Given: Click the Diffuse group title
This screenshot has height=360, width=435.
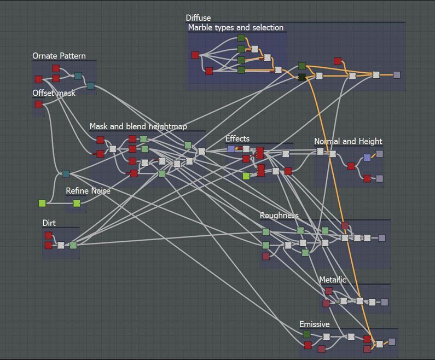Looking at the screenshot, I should point(198,18).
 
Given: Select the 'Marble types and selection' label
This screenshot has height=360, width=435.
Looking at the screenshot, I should point(236,27).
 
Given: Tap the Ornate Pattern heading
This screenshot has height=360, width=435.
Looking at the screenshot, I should point(59,56).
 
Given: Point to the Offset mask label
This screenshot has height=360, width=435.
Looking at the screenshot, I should point(54,93).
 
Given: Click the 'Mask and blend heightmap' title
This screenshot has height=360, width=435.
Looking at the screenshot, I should point(138,126).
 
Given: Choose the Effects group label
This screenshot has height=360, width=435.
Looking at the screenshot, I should point(237,138).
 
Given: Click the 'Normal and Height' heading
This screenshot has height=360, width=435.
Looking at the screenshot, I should point(348,142).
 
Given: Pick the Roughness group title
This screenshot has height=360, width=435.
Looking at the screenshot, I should point(279,216).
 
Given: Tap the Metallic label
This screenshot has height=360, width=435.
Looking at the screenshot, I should point(333,280).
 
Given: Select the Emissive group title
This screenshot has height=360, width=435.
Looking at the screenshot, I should point(315,324).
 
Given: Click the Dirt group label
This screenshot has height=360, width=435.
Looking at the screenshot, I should point(49,223).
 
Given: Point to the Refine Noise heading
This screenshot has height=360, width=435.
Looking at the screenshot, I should point(88,191).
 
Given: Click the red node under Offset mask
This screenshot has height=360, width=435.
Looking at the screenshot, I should point(38,104).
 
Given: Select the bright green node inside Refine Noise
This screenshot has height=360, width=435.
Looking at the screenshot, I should point(77,204).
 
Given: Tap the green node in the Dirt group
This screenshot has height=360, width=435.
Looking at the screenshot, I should point(73,245).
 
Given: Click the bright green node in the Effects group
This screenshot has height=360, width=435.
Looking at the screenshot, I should point(246,176).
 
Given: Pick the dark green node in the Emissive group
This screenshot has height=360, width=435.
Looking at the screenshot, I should point(306,334).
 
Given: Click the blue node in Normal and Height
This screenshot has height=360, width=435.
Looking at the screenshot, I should point(367,158).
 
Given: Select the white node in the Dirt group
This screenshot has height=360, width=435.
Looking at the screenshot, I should point(61,245).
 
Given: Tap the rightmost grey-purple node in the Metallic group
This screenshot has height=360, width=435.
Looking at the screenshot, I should point(384,302).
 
